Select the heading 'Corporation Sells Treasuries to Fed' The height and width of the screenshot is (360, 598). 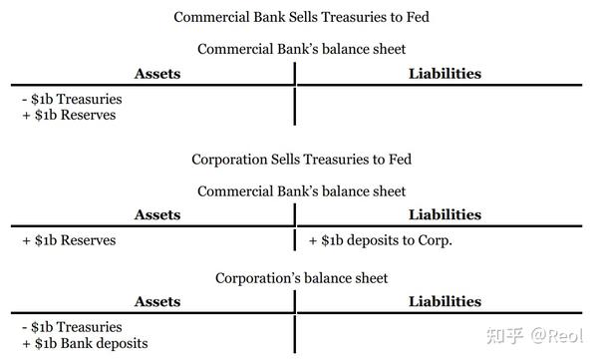[x=302, y=160]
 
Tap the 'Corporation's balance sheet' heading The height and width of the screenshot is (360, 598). [x=302, y=277]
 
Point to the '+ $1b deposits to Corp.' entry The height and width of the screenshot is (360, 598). [x=381, y=240]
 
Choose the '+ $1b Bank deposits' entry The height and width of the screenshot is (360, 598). [x=84, y=343]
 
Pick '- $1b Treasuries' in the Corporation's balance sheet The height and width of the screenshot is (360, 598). [x=71, y=327]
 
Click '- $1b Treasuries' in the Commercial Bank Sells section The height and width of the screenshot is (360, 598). [x=71, y=99]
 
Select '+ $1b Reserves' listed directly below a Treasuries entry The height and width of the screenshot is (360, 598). [x=68, y=115]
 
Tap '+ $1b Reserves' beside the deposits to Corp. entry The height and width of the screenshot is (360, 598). [x=68, y=240]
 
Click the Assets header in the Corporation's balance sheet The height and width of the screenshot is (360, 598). [x=156, y=301]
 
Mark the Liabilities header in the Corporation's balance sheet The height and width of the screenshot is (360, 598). [x=445, y=301]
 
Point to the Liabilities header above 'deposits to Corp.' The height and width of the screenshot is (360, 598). [x=445, y=214]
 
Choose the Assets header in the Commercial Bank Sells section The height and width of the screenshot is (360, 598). [x=156, y=73]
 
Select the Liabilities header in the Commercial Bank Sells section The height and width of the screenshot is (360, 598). [x=445, y=73]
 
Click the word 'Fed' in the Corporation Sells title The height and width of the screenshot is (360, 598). [x=400, y=160]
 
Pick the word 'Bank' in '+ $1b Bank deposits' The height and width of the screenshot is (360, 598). [x=81, y=343]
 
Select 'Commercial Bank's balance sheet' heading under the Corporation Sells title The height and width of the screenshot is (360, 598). [x=302, y=190]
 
